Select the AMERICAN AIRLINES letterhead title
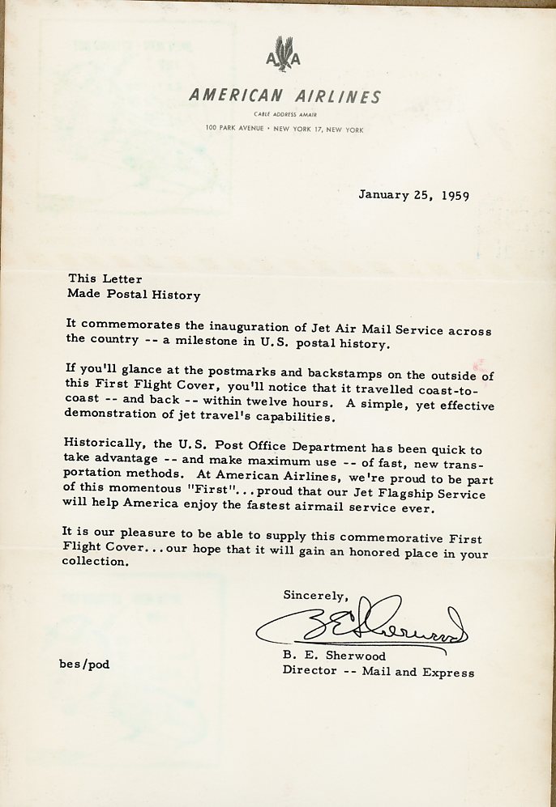(284, 96)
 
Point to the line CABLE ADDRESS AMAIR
(284, 115)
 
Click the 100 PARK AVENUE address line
(284, 129)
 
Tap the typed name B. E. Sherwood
(335, 656)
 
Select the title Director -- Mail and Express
(379, 671)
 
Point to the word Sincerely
(315, 596)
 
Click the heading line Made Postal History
(134, 295)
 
